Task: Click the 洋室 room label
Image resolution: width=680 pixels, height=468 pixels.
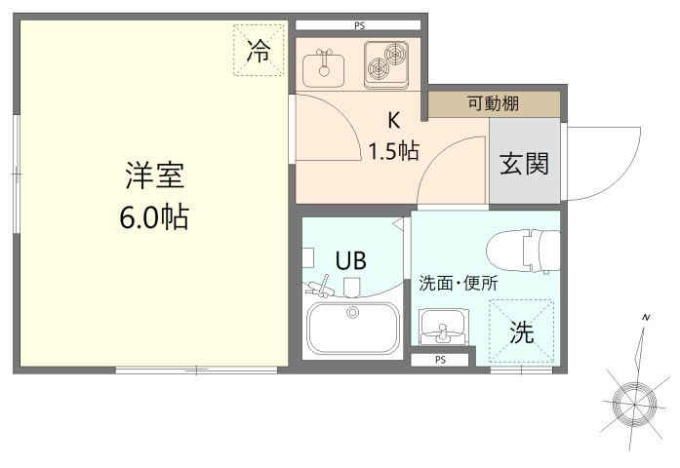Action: [154, 176]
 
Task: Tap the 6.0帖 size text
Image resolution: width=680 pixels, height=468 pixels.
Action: [154, 216]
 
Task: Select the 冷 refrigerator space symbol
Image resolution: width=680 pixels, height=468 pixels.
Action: [259, 51]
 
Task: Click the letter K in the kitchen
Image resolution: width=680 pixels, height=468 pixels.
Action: [394, 121]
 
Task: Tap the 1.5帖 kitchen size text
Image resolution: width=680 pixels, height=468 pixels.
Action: [394, 151]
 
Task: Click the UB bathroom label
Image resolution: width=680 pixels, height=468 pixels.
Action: [350, 260]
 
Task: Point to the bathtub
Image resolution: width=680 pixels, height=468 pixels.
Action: [352, 329]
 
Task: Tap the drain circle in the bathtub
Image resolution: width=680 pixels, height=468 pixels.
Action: [352, 312]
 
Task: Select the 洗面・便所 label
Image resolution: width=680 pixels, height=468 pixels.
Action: [458, 285]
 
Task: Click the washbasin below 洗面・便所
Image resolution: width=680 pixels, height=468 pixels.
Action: [443, 327]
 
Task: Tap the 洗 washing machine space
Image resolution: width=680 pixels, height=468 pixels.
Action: [523, 332]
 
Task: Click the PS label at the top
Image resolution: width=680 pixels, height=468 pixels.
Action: [360, 23]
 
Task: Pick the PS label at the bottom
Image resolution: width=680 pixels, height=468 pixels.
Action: [441, 360]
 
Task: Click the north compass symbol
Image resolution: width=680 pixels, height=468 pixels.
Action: [632, 395]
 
